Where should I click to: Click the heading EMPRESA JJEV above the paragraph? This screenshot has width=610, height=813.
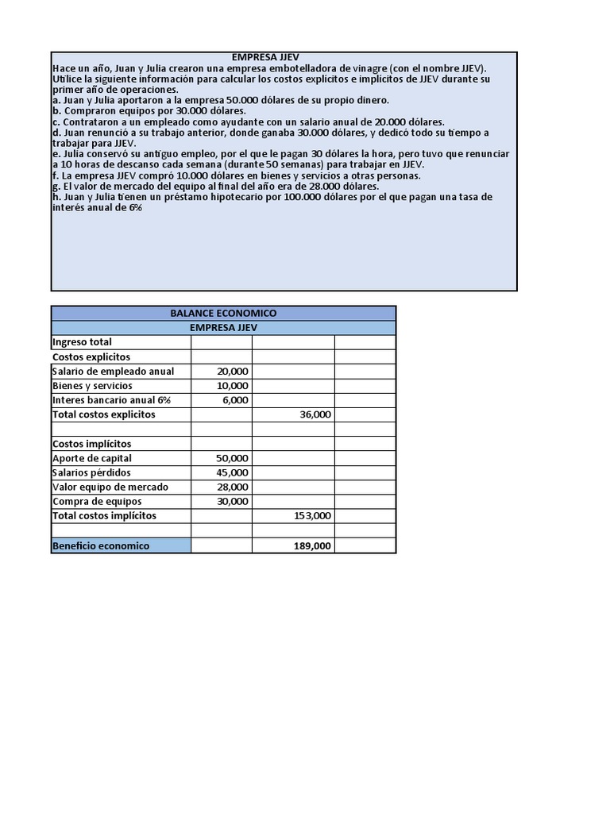(x=266, y=58)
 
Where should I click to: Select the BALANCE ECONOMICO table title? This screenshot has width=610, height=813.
(x=223, y=314)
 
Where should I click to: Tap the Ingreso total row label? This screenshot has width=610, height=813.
(x=82, y=342)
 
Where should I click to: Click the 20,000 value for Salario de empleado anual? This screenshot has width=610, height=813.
(x=232, y=372)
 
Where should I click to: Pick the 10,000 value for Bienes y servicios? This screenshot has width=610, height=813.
(x=232, y=386)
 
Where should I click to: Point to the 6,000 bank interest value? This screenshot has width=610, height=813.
(x=235, y=400)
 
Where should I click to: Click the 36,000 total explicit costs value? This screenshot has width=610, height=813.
(x=315, y=414)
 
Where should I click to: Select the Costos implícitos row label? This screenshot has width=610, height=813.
(x=92, y=444)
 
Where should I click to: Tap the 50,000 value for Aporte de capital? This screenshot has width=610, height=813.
(x=232, y=458)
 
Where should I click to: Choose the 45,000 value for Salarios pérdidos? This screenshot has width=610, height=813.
(x=232, y=472)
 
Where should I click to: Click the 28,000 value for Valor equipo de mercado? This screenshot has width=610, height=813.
(x=232, y=487)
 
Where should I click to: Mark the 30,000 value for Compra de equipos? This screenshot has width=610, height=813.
(x=232, y=501)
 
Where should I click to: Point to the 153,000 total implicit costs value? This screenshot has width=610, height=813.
(x=312, y=516)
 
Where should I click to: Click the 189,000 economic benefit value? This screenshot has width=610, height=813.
(x=312, y=545)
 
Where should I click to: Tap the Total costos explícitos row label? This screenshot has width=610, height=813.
(x=104, y=414)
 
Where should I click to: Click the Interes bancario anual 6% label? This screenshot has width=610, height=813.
(x=111, y=400)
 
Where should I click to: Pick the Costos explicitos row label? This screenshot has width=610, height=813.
(x=91, y=357)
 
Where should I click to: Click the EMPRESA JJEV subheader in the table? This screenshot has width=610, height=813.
(x=223, y=328)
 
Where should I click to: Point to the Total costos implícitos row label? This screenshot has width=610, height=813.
(x=105, y=516)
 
